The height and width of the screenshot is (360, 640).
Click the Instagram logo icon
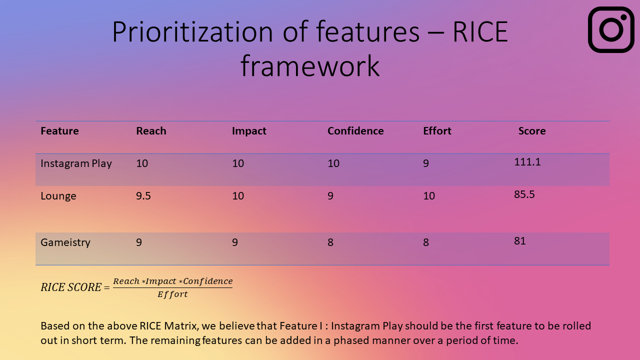click(x=611, y=29)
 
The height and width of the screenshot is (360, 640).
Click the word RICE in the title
click(x=480, y=31)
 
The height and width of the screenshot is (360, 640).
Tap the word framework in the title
click(x=310, y=66)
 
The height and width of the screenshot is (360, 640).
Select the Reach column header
click(x=151, y=131)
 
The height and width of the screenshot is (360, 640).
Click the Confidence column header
click(x=355, y=131)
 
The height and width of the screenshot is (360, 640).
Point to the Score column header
click(x=532, y=131)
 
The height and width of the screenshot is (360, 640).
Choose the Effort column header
click(x=437, y=131)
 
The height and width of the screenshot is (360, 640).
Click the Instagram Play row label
click(x=76, y=163)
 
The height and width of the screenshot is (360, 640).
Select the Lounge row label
click(x=58, y=196)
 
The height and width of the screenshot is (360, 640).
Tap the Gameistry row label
click(x=65, y=242)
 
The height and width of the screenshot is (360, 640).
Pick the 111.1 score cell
click(x=527, y=162)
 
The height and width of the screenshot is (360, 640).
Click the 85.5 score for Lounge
click(x=524, y=194)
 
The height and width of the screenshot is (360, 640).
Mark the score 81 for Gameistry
click(x=519, y=241)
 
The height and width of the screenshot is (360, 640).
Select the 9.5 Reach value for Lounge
click(x=143, y=196)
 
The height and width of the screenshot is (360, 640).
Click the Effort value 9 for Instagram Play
click(x=426, y=163)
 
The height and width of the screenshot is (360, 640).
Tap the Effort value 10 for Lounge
click(x=429, y=196)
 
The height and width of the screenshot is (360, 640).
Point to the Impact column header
click(x=249, y=131)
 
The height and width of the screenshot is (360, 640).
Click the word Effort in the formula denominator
click(x=172, y=294)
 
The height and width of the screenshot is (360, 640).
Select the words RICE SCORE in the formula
click(x=71, y=287)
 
